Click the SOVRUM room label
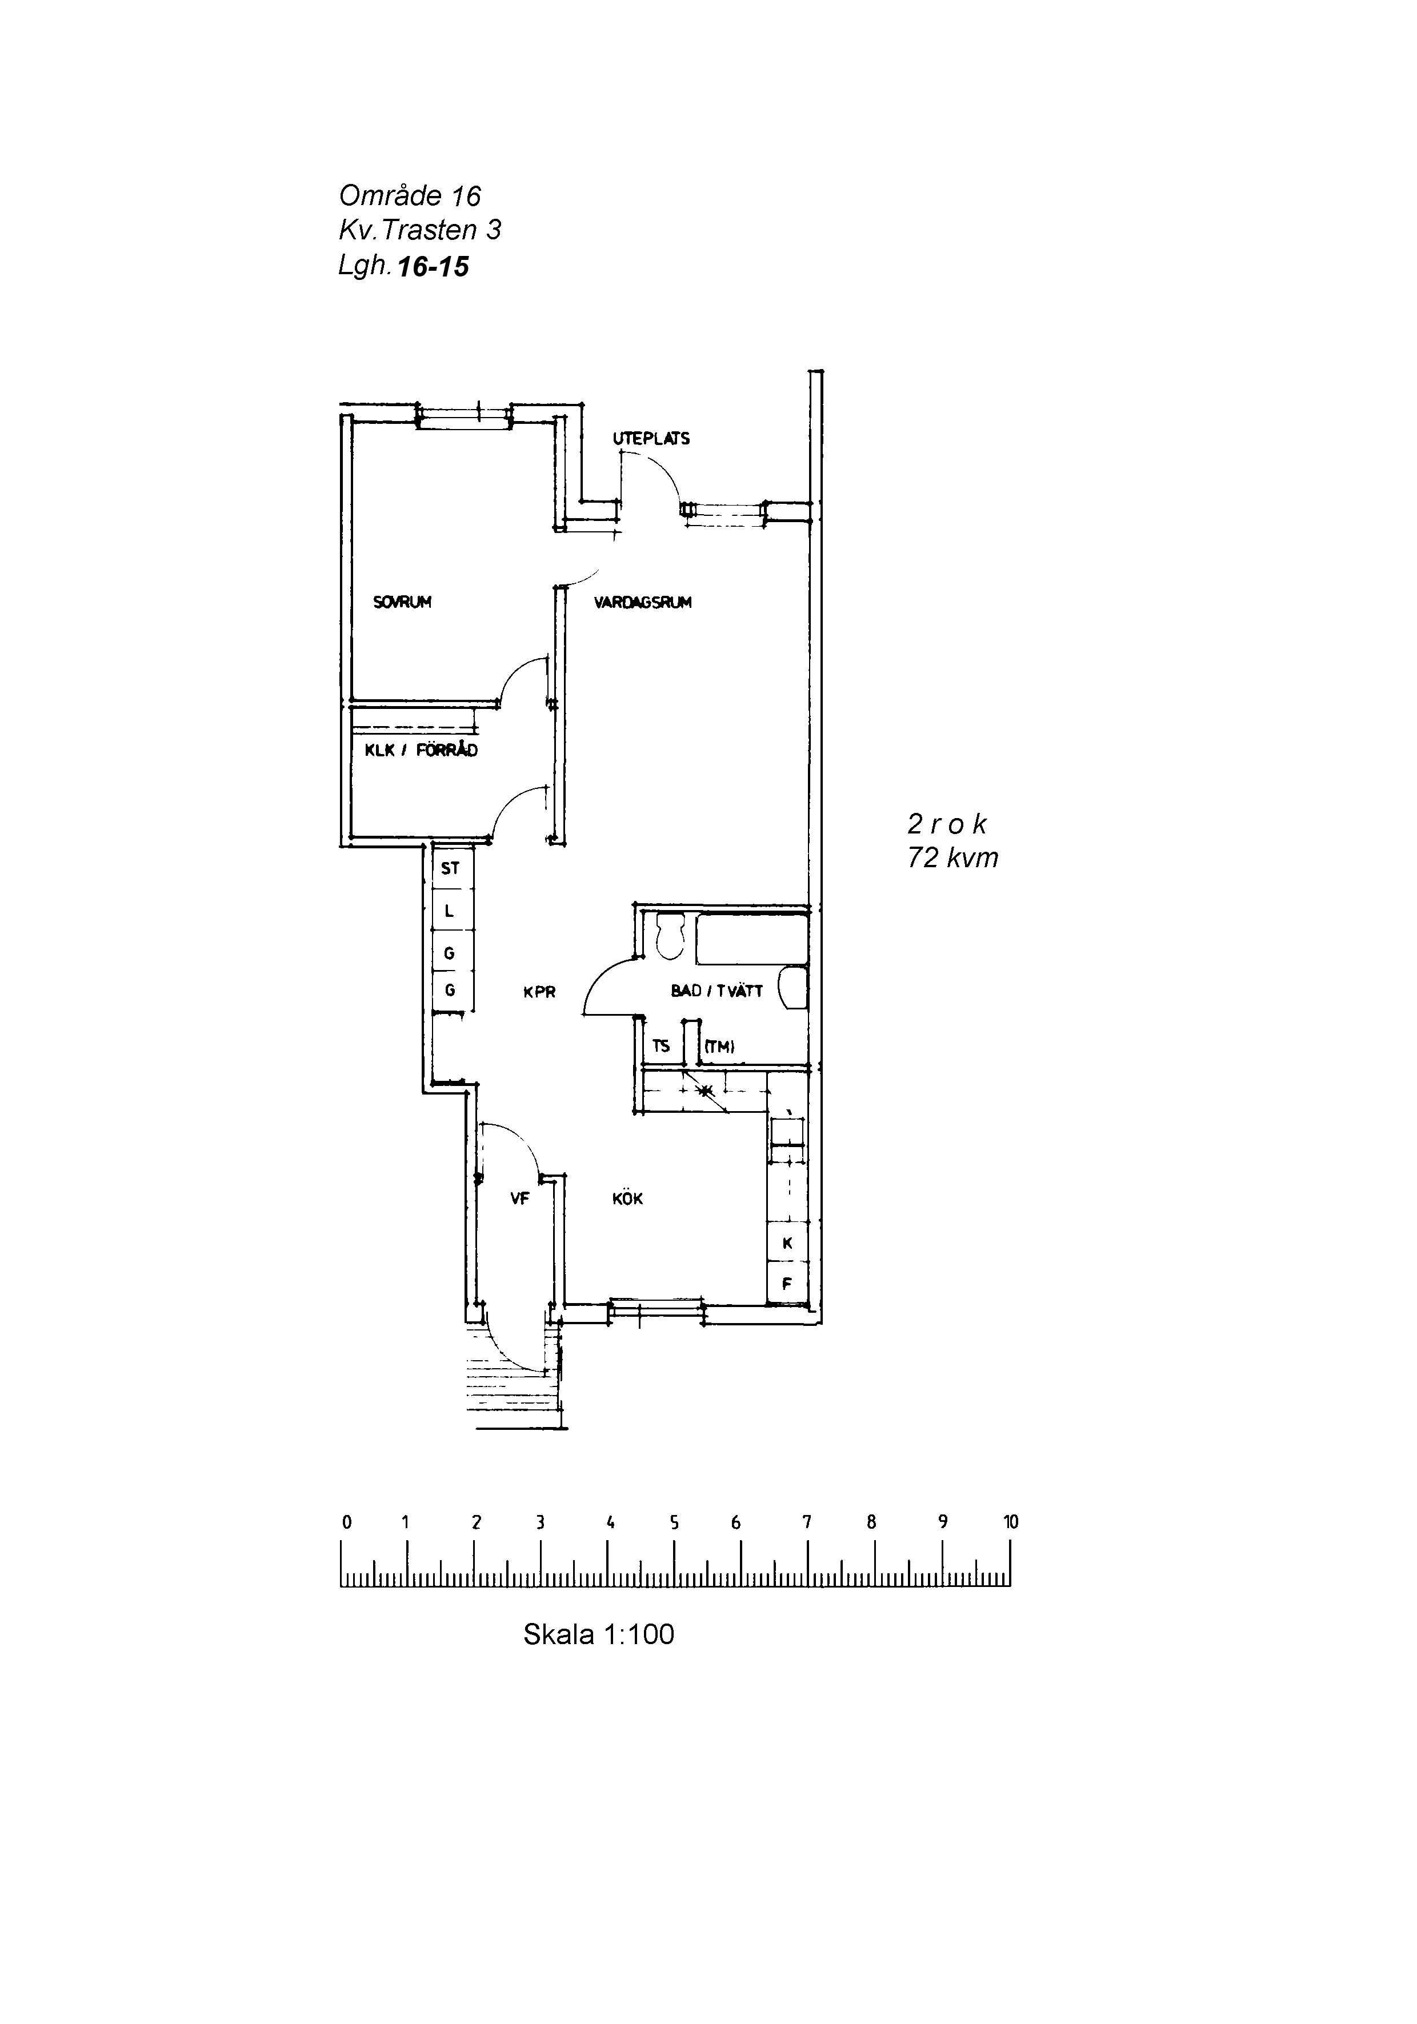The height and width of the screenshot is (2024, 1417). coord(402,603)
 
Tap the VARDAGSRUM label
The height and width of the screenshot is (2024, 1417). coord(643,603)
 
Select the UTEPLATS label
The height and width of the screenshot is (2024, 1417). coord(651,438)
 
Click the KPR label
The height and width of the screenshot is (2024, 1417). coord(539,992)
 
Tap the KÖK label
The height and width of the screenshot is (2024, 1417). coord(628,1199)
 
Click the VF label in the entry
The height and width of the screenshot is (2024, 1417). coord(519,1199)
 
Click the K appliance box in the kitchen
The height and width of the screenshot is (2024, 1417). coord(787,1244)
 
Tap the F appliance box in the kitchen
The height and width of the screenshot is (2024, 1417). coord(787,1284)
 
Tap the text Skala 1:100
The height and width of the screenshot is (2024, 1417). coord(599,1634)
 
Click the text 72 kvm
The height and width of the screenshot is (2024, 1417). coord(953,857)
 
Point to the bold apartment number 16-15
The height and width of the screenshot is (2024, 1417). coord(434,266)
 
